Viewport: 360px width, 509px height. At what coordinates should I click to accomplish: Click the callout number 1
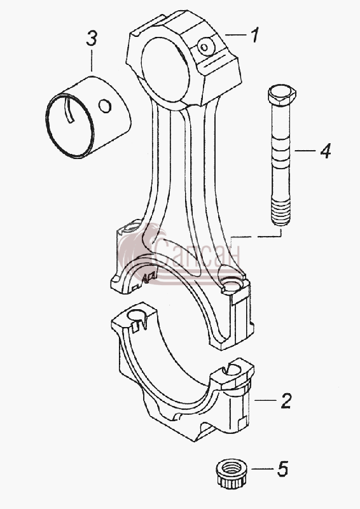[255, 35]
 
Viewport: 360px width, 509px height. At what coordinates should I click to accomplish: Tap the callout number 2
[286, 401]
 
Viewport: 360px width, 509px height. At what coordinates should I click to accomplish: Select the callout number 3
[92, 38]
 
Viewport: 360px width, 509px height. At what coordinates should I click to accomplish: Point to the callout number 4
[325, 151]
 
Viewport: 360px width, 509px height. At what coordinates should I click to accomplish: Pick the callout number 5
[282, 469]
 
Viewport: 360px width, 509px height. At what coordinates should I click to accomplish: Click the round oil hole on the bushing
[105, 106]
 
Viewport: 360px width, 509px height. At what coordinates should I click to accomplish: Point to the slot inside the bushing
[69, 111]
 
